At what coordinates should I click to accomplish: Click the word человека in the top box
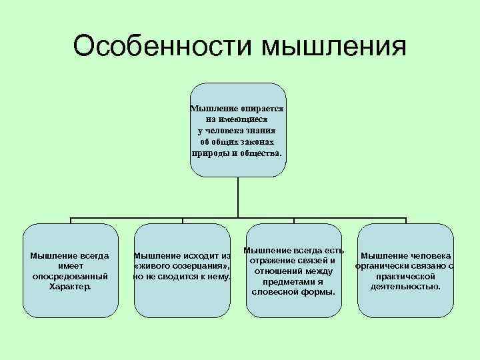click(x=231, y=130)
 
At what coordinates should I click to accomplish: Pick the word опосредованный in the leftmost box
click(x=71, y=276)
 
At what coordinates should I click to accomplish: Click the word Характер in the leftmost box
click(x=70, y=287)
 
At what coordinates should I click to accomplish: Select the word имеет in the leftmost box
click(x=71, y=265)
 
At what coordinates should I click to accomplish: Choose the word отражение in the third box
click(x=279, y=260)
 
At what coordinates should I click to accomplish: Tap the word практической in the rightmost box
click(x=406, y=276)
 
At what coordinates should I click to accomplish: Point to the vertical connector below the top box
click(x=238, y=197)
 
